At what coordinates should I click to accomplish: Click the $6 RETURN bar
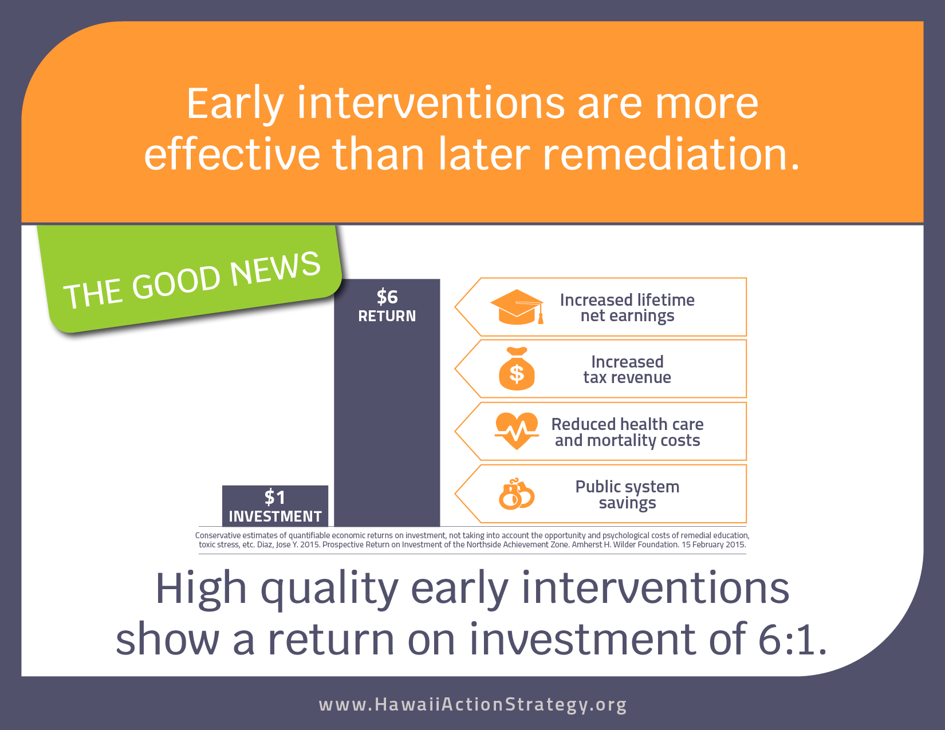[x=387, y=402]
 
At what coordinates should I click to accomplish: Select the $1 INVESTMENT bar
[x=275, y=506]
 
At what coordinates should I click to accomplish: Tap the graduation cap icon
[x=517, y=307]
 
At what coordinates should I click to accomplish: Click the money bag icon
[x=517, y=369]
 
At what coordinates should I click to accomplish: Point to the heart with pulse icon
[x=517, y=431]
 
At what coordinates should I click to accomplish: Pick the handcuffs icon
[x=516, y=494]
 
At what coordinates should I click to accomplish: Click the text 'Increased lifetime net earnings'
[x=627, y=307]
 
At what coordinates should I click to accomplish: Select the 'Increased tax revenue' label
[x=627, y=369]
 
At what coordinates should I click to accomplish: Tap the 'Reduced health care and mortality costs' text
[x=627, y=432]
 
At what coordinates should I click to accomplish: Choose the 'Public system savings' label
[x=627, y=494]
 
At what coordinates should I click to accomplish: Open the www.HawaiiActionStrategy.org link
[x=472, y=704]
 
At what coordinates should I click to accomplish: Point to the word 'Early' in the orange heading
[x=235, y=104]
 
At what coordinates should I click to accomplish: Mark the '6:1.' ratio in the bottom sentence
[x=792, y=638]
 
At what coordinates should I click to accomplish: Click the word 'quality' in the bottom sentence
[x=329, y=590]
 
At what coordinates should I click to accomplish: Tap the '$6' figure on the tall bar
[x=387, y=297]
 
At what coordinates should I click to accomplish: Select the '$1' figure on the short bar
[x=275, y=497]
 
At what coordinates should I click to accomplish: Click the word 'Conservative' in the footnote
[x=218, y=535]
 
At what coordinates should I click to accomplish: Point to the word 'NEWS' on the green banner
[x=275, y=269]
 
